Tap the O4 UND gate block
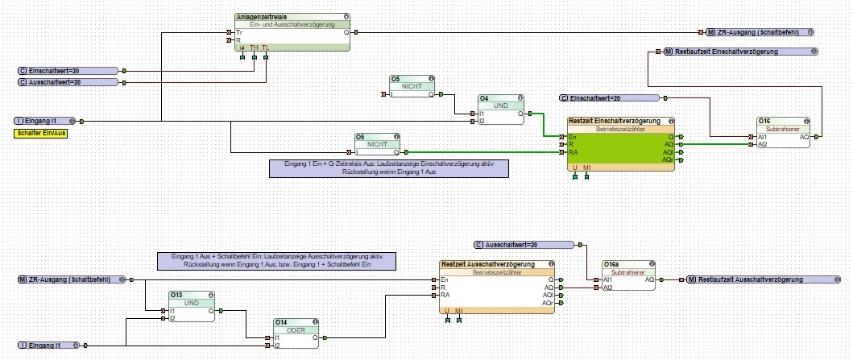point(501,111)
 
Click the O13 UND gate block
point(191,307)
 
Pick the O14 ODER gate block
point(296,333)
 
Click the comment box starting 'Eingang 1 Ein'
point(388,168)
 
